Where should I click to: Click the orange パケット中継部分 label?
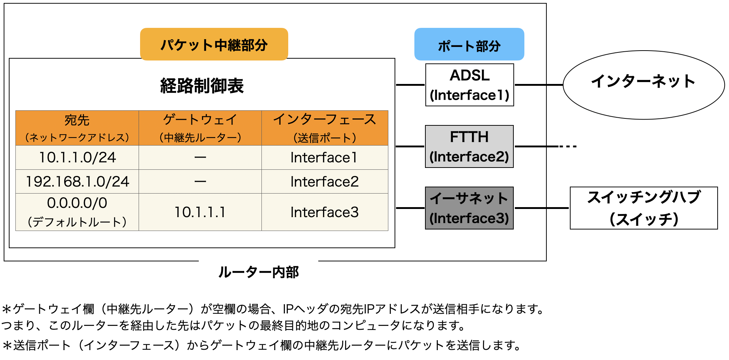(x=214, y=44)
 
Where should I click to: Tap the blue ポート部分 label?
(x=469, y=45)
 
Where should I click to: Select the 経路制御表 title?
(x=202, y=86)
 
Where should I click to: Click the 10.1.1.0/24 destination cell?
(x=77, y=158)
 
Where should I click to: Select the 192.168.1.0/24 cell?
(x=77, y=181)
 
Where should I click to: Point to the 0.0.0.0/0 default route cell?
(x=77, y=212)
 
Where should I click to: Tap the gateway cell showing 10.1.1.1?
(x=200, y=212)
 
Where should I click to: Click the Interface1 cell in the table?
(x=325, y=158)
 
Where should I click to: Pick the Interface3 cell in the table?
(x=325, y=212)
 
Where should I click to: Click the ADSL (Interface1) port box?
(x=469, y=85)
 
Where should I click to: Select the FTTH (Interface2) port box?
(x=469, y=147)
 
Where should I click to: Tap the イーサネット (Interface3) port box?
(x=469, y=208)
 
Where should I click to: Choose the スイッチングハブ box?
(x=644, y=208)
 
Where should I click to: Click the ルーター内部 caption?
(x=258, y=272)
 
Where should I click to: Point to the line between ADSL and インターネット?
(x=538, y=85)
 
